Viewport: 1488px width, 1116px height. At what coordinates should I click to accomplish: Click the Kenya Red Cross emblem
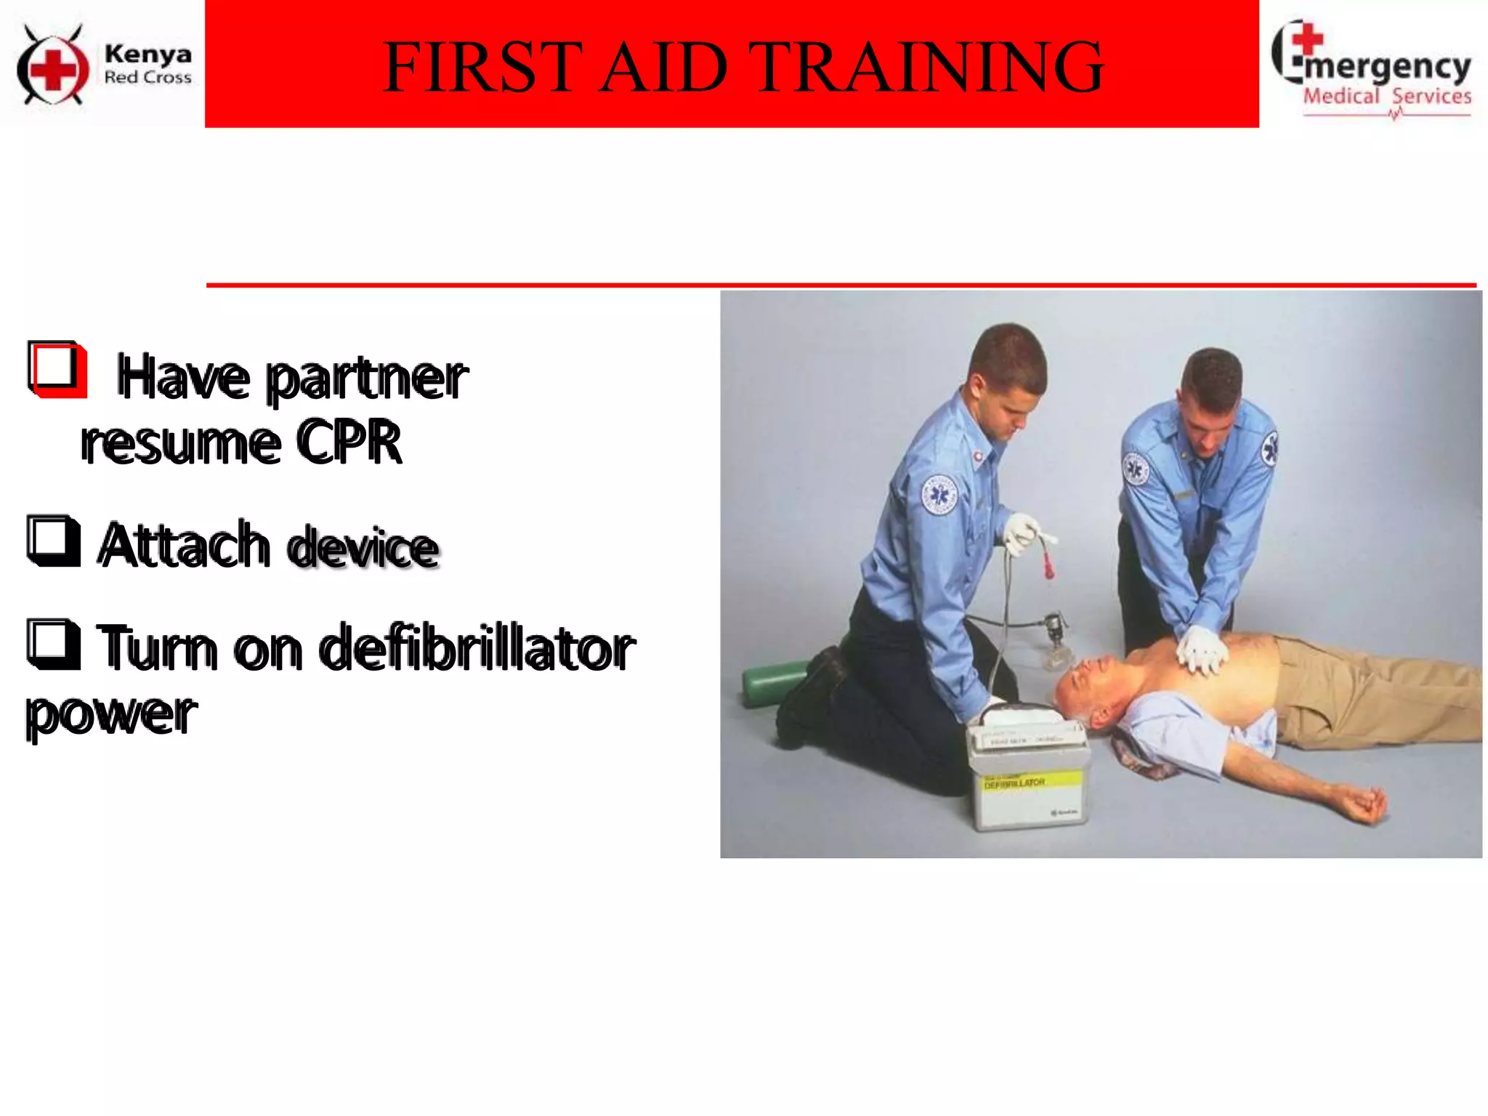52,65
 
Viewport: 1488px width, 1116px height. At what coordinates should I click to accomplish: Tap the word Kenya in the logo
147,54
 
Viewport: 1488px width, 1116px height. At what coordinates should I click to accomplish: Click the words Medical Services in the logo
1386,97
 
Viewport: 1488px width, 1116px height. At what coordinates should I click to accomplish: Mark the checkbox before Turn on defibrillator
53,644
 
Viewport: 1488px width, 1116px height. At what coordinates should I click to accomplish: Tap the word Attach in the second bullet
185,544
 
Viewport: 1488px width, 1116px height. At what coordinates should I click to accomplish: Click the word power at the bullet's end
110,715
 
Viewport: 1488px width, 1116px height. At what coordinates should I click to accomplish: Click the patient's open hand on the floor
1362,804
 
